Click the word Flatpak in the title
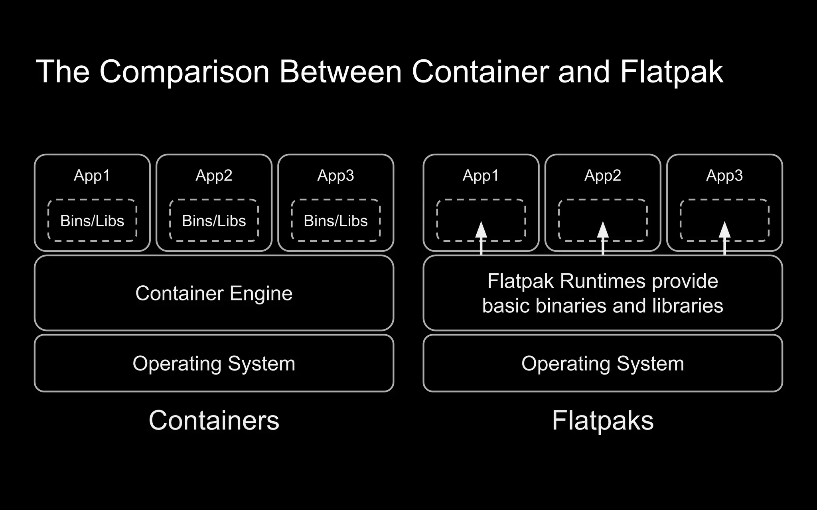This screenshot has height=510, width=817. [671, 72]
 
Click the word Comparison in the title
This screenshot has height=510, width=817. [184, 72]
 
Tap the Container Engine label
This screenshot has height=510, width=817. [214, 293]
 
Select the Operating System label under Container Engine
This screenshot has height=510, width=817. [214, 363]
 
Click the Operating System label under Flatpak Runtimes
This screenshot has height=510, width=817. [602, 363]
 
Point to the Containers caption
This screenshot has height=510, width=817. [214, 420]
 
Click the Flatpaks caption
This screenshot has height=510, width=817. [602, 420]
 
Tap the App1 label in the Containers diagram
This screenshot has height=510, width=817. [92, 175]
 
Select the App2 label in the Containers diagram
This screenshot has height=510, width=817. [214, 175]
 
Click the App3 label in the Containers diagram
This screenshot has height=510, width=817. [335, 175]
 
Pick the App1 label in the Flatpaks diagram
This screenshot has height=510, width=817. [481, 175]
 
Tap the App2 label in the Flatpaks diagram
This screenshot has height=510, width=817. [602, 175]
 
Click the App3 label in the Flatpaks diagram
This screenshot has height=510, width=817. [724, 175]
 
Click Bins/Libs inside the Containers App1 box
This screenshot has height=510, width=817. [92, 221]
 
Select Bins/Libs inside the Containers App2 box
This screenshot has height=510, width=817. [214, 221]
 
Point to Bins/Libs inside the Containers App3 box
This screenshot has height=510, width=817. [335, 221]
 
